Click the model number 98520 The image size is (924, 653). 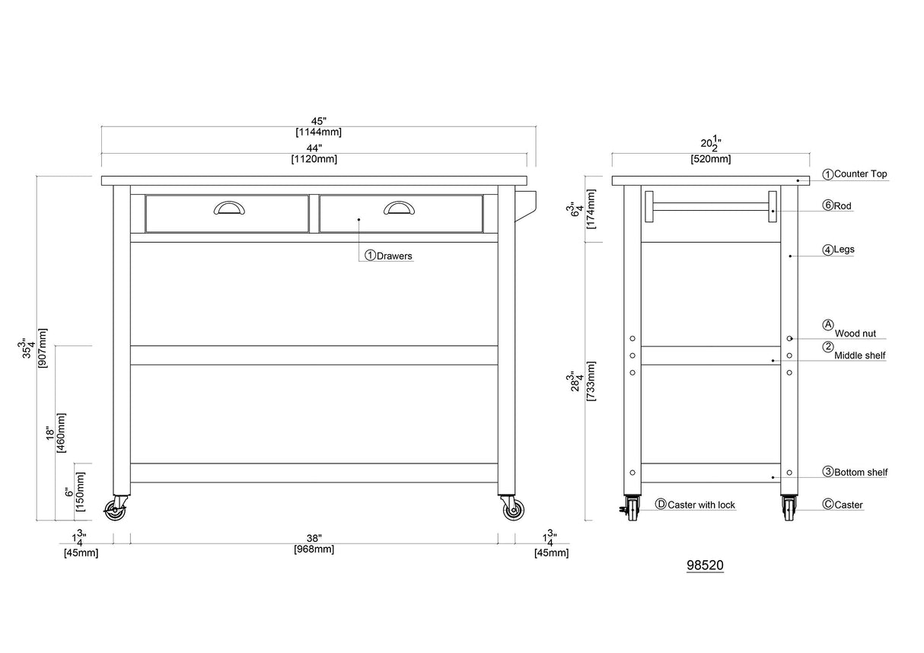point(705,565)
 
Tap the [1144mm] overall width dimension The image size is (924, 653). point(318,132)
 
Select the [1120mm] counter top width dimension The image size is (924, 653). point(314,159)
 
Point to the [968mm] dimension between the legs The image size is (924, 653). point(314,549)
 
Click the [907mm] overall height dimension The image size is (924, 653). point(43,348)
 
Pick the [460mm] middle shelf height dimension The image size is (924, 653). point(61,433)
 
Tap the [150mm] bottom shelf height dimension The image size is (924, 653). point(80,492)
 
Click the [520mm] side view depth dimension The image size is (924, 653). point(711,159)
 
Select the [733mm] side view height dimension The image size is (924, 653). point(591,381)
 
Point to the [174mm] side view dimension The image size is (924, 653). point(591,209)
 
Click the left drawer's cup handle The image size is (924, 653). point(229,208)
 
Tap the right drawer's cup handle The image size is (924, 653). point(399,208)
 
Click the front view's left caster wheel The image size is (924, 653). point(115,510)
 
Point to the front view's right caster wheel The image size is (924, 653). point(514,510)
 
